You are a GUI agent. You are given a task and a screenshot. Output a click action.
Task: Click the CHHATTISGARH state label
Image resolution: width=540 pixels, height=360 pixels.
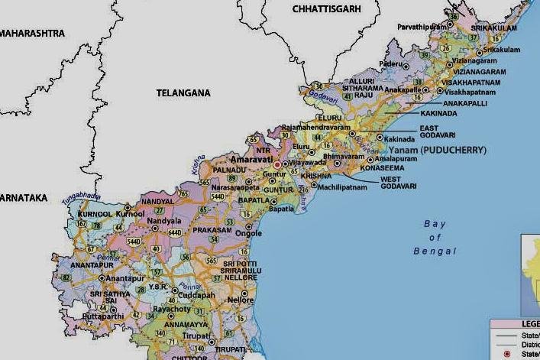[x=326, y=8]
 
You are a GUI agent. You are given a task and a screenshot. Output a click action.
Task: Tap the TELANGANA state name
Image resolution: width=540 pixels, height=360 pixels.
[x=183, y=92]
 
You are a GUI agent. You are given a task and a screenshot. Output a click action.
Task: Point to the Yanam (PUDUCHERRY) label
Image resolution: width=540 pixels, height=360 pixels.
[x=443, y=151]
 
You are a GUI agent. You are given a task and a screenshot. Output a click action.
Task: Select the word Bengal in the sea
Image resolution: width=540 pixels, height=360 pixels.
[x=435, y=251]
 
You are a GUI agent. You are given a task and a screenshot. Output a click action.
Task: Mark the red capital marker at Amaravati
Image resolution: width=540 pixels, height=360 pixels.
[x=276, y=164]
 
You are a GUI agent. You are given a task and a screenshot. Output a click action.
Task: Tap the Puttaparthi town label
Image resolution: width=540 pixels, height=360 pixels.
[x=102, y=315]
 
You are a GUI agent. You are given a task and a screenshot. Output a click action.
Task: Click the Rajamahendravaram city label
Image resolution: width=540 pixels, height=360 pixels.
[x=314, y=128]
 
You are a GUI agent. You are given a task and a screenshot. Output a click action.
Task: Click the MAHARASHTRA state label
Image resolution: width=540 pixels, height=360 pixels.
[x=32, y=34]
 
